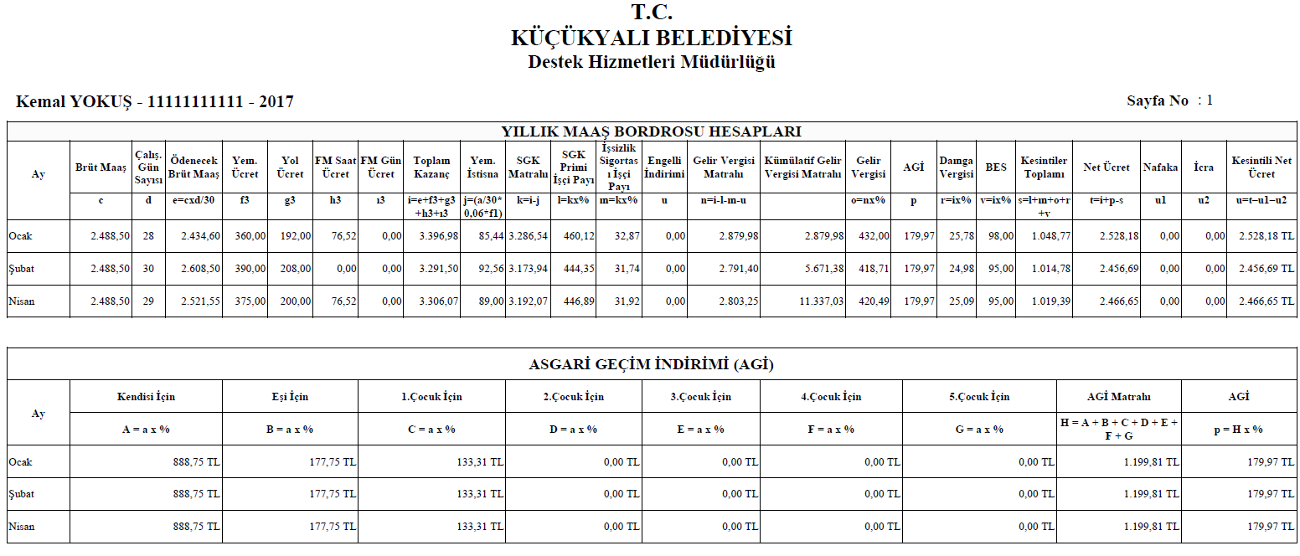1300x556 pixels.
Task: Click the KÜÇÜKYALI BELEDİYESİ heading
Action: (x=651, y=39)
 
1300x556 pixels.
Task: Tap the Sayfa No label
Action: (x=1158, y=100)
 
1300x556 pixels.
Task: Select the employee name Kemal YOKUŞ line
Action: (x=155, y=102)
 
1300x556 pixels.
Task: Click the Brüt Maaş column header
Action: (x=101, y=167)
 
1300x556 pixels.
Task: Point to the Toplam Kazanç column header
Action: (x=432, y=167)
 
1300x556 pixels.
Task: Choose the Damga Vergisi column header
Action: (x=956, y=167)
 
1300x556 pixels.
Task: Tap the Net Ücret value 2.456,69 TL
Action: (x=1265, y=269)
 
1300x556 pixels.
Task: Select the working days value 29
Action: (x=148, y=301)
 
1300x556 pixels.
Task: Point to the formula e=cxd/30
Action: (x=194, y=201)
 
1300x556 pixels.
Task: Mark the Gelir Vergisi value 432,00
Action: (x=873, y=236)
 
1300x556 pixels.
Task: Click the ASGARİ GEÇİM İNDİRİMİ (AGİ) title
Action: (x=651, y=365)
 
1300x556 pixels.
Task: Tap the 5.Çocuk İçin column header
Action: (x=983, y=396)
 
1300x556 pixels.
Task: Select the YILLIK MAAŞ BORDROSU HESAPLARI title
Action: (x=651, y=131)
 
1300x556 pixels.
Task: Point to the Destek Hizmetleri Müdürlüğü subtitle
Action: (x=651, y=62)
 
